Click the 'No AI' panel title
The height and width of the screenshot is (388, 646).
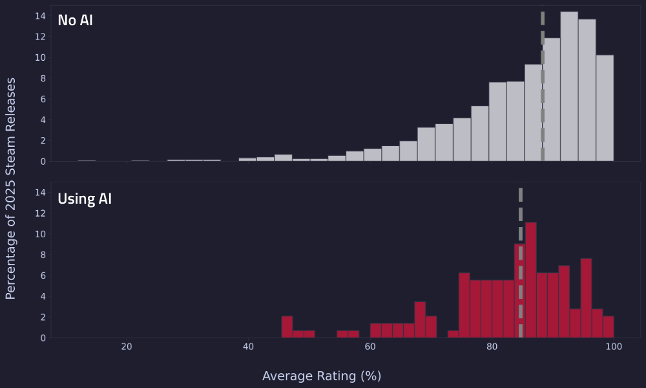coord(75,21)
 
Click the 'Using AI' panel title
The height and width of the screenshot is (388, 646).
coord(85,199)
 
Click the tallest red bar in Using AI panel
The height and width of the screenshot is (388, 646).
coord(531,280)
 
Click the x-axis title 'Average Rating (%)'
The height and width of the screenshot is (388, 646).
coord(322,376)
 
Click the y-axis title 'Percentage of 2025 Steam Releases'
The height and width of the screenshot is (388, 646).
coord(11,188)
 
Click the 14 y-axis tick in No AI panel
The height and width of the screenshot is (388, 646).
coord(39,16)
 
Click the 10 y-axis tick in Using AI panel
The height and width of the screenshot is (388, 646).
coord(39,234)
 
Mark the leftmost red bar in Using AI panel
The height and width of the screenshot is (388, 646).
coord(287,327)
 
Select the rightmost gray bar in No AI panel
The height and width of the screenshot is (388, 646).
coord(605,108)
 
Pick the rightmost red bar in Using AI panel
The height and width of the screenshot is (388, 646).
coord(609,327)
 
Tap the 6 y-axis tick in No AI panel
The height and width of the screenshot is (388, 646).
coord(42,99)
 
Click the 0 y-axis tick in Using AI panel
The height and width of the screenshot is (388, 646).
coord(42,338)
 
